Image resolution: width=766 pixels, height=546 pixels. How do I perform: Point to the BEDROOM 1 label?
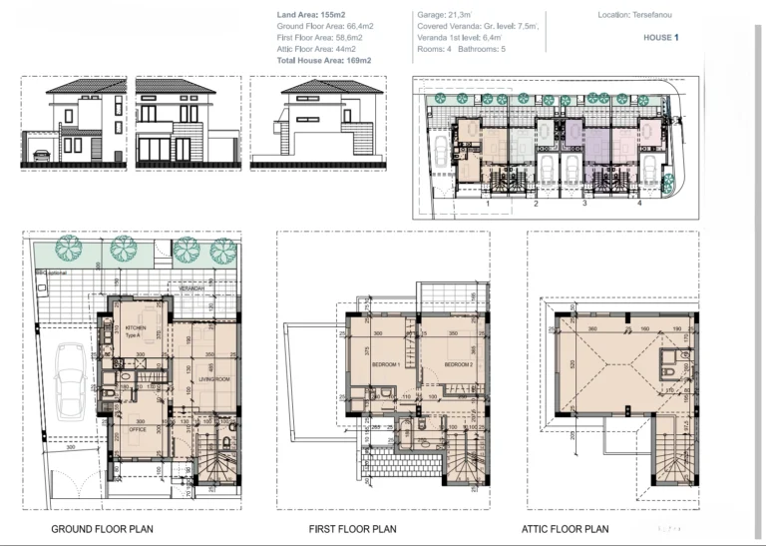coord(386,365)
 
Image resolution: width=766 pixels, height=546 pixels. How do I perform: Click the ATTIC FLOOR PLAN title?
coord(565,529)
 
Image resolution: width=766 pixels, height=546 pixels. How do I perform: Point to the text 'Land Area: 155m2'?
coord(313,16)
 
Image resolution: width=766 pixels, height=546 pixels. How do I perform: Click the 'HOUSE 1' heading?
coord(660,38)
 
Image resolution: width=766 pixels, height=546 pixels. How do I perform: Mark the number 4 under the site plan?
coord(639,203)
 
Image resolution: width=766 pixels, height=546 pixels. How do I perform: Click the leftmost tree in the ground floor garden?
coord(68,247)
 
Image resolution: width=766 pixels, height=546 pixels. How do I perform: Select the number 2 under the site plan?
coord(536,203)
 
